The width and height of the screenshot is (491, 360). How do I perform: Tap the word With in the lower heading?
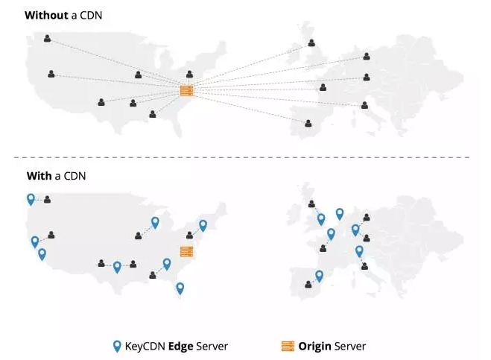(38, 176)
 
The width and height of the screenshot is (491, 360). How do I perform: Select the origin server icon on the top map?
(186, 91)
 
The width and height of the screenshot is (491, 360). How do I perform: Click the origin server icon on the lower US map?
(186, 251)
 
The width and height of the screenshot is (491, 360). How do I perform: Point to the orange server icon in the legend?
(288, 346)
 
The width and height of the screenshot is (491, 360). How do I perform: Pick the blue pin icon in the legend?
(117, 346)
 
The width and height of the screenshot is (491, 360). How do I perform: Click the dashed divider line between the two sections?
(246, 157)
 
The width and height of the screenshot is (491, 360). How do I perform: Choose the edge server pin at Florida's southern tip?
(180, 288)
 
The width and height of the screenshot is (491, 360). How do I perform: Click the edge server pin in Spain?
(320, 276)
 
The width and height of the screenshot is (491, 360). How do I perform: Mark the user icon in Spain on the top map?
(308, 122)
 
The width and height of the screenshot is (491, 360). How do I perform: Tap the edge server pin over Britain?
(321, 219)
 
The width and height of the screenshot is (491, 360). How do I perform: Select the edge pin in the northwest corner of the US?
(31, 198)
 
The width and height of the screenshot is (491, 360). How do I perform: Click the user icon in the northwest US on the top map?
(48, 38)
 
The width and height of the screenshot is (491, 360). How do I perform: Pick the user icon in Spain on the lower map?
(308, 283)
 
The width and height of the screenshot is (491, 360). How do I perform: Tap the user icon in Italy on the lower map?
(364, 265)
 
